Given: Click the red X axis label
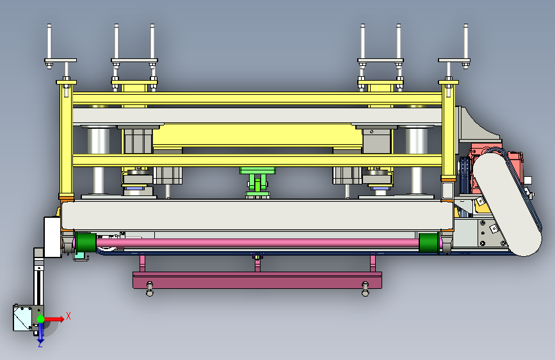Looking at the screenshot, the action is [68, 316].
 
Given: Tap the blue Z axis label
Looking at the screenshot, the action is [40, 344].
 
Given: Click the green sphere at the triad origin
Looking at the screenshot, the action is [40, 319].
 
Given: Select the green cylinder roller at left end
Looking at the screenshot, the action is [86, 242].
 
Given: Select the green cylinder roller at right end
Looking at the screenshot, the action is [429, 242].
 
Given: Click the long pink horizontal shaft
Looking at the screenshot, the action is [257, 243].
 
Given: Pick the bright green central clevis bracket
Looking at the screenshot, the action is [258, 183].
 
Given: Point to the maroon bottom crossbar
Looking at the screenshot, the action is [257, 281].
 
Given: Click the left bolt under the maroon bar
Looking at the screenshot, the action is [150, 288].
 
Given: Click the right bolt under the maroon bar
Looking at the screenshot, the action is [366, 288].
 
